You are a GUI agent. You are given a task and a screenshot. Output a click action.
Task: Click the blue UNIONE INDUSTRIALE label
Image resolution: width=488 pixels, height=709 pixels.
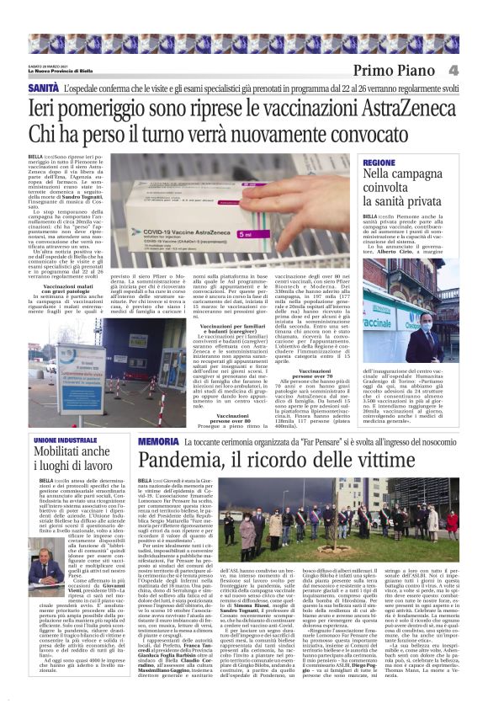66,440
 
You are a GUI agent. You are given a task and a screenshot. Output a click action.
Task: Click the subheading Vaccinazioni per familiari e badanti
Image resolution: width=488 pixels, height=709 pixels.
244,327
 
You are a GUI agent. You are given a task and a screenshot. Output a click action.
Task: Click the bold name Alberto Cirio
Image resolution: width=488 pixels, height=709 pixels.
399,253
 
